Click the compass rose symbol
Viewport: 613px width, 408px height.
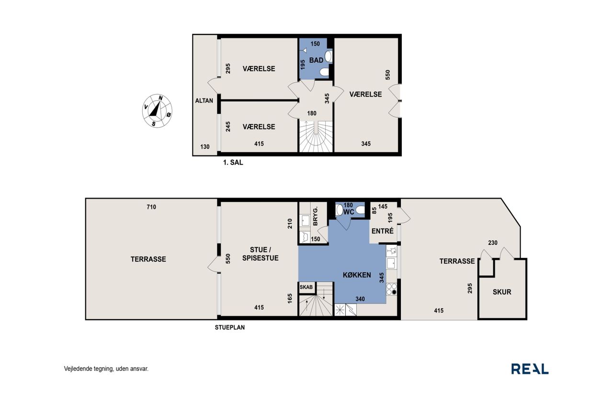157,111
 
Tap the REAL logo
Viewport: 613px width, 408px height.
530,369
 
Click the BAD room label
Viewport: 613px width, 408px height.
316,60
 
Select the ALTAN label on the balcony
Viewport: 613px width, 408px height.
204,100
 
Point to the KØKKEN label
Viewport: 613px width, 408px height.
357,275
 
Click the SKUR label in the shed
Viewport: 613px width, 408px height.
502,292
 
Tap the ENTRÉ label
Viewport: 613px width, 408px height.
382,231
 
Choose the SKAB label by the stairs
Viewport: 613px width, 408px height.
306,287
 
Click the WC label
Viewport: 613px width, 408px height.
349,212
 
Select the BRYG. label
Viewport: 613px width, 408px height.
315,216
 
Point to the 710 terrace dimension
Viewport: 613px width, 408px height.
151,207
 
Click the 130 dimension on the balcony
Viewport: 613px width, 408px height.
204,147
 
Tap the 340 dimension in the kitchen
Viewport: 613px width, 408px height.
360,299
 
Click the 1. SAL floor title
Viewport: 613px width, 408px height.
233,162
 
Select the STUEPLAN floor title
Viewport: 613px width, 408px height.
229,327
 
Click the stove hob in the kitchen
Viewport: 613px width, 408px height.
391,289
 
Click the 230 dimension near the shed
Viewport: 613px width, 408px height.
493,243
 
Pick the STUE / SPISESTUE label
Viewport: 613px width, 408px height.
260,254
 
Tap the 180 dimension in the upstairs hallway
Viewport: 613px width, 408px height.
312,113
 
